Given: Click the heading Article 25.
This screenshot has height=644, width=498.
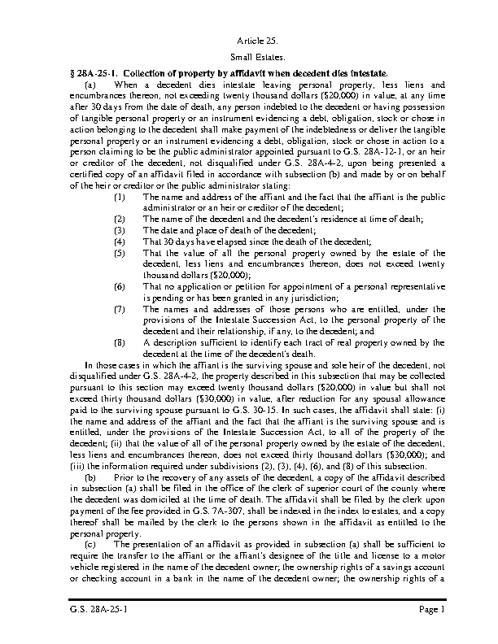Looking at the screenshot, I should coord(249,41).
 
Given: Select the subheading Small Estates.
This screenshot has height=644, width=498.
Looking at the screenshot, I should coord(249,58).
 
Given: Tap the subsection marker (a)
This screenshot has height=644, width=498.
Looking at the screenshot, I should coord(91,85).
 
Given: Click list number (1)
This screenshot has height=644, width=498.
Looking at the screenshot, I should coord(120,198).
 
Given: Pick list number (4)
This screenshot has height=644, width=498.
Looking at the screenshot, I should coord(120,241).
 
